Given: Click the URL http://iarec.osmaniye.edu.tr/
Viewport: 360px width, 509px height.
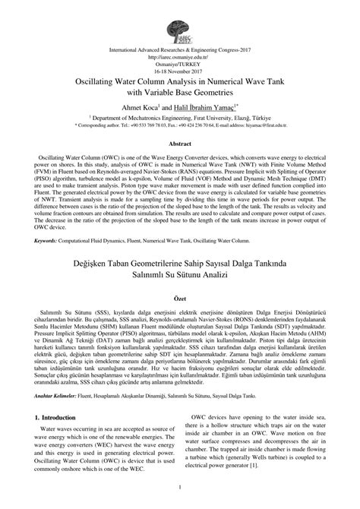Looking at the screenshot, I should tap(179, 55).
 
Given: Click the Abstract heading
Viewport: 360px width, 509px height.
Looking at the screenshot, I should tap(180, 143).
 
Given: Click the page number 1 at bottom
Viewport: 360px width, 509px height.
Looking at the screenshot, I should tap(180, 487).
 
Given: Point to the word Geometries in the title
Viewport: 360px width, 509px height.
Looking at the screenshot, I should tap(234, 91).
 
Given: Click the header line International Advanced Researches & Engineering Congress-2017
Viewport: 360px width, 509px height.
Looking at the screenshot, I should tap(179, 49).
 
